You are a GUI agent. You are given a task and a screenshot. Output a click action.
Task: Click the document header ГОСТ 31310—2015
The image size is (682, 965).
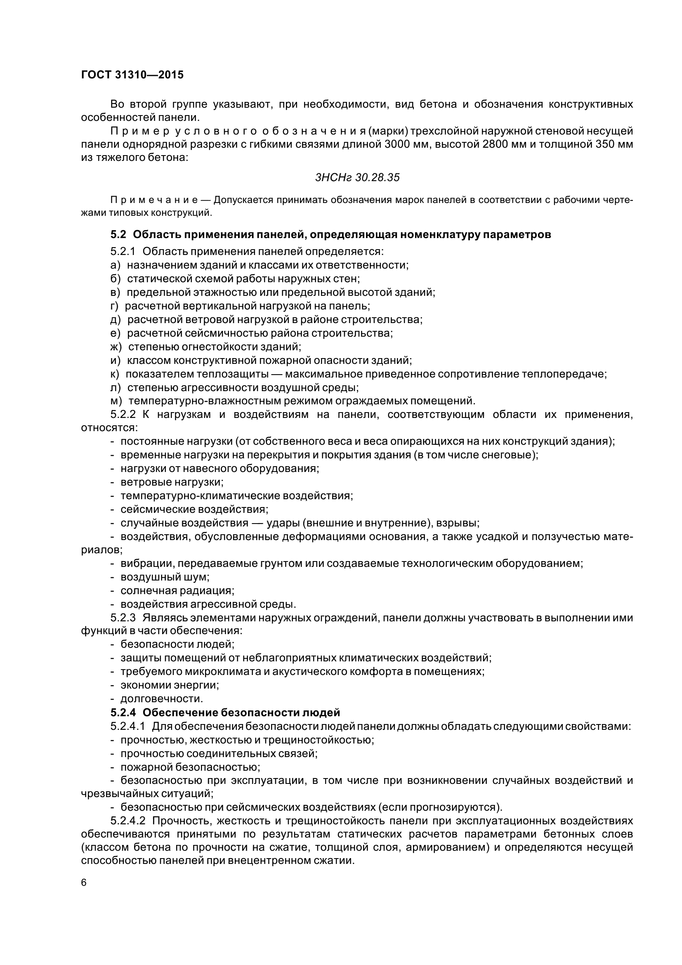(x=132, y=75)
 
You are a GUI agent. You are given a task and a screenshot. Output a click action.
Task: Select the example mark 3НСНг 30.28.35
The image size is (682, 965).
(x=357, y=178)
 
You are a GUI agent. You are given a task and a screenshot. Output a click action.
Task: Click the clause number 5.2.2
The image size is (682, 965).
(x=123, y=414)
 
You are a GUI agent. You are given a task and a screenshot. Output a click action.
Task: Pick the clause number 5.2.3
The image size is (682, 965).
(x=123, y=618)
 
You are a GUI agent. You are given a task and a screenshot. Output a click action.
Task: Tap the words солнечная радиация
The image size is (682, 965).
(x=177, y=590)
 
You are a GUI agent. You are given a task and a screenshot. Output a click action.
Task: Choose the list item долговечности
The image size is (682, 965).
(x=161, y=699)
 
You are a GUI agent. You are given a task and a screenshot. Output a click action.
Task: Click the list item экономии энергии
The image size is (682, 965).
(x=169, y=686)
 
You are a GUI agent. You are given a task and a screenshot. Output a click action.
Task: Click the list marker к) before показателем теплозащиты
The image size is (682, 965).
(x=115, y=374)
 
